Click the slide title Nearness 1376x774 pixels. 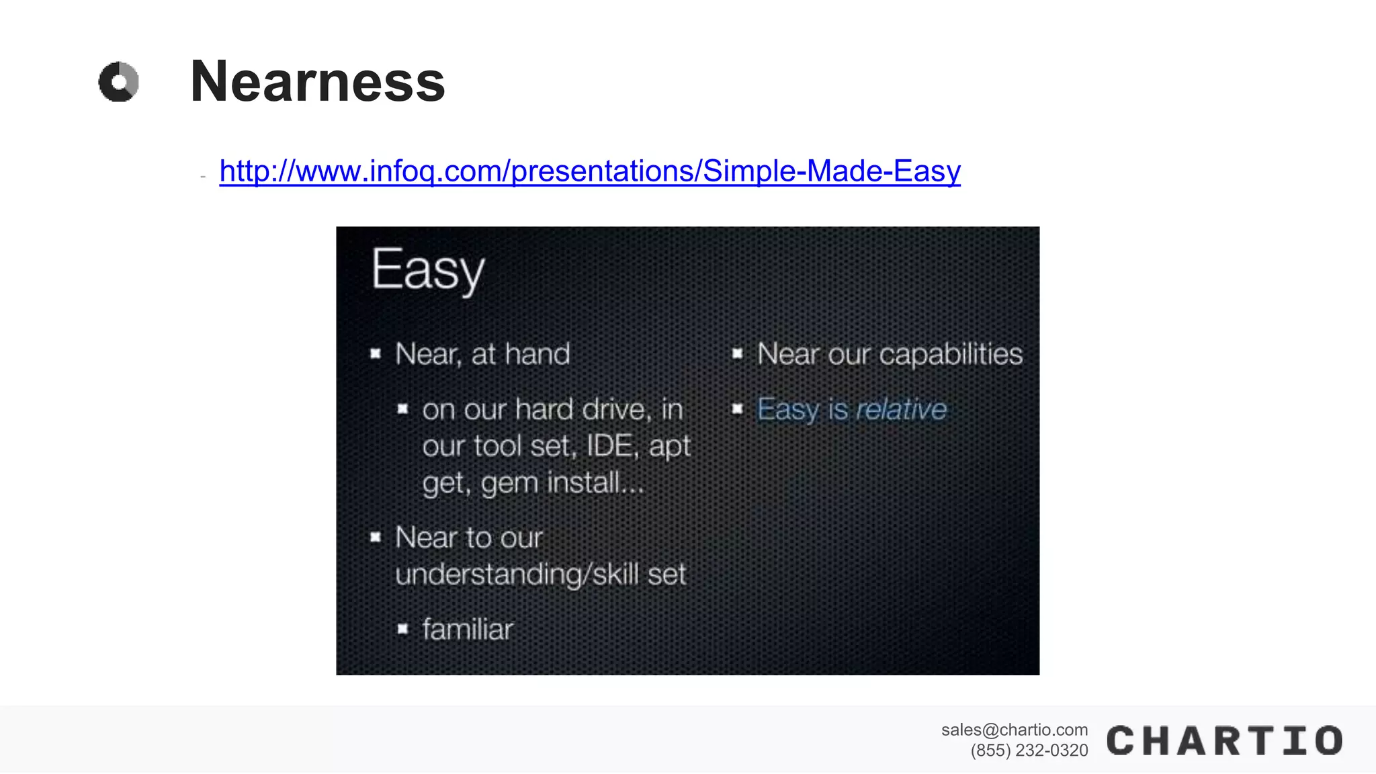[317, 82]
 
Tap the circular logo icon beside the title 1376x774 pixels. [119, 82]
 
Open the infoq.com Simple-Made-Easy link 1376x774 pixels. [589, 171]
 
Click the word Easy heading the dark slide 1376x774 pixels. [427, 270]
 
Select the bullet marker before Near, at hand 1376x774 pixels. [376, 353]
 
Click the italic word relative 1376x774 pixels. [901, 409]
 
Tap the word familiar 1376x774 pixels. [468, 630]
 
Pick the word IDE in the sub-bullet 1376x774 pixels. [609, 446]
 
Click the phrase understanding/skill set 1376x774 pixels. [540, 574]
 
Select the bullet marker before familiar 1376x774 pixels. [402, 629]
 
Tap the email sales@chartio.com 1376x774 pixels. [1014, 730]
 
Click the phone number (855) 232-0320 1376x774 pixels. [1029, 750]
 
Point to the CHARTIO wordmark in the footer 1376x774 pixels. [1224, 741]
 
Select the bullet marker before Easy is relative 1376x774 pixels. [737, 408]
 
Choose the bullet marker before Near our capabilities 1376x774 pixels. [737, 353]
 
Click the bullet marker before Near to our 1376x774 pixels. [376, 537]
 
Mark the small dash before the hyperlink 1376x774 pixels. [203, 177]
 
